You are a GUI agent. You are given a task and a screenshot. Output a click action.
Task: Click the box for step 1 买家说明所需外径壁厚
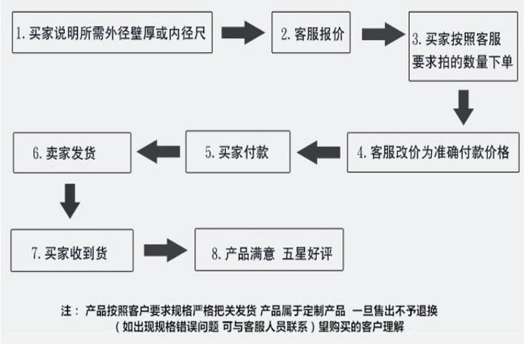[x=113, y=33]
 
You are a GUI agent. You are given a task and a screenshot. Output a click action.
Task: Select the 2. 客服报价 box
[x=313, y=33]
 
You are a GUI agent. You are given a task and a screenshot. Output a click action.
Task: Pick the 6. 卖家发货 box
[x=73, y=152]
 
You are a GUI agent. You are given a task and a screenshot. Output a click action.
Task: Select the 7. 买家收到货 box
[x=73, y=251]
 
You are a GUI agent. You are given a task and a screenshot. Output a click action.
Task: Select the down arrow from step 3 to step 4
[x=463, y=107]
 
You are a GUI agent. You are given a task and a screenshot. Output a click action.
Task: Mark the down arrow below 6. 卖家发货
[x=70, y=200]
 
